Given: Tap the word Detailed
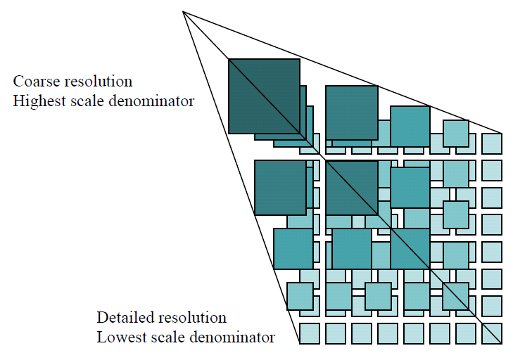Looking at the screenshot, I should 123,317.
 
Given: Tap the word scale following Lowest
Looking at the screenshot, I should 163,337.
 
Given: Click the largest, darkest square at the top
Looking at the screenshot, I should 264,96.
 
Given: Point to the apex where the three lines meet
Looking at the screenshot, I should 183,11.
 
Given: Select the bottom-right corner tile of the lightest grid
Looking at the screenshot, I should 492,333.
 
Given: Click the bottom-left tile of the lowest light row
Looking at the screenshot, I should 310,333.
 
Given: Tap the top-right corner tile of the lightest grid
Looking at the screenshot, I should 492,143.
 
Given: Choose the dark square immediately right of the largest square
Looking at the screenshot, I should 351,112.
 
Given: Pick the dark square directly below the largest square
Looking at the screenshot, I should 280,187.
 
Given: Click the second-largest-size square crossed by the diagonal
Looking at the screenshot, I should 352,187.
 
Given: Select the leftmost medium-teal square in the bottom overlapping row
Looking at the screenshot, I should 300,296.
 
